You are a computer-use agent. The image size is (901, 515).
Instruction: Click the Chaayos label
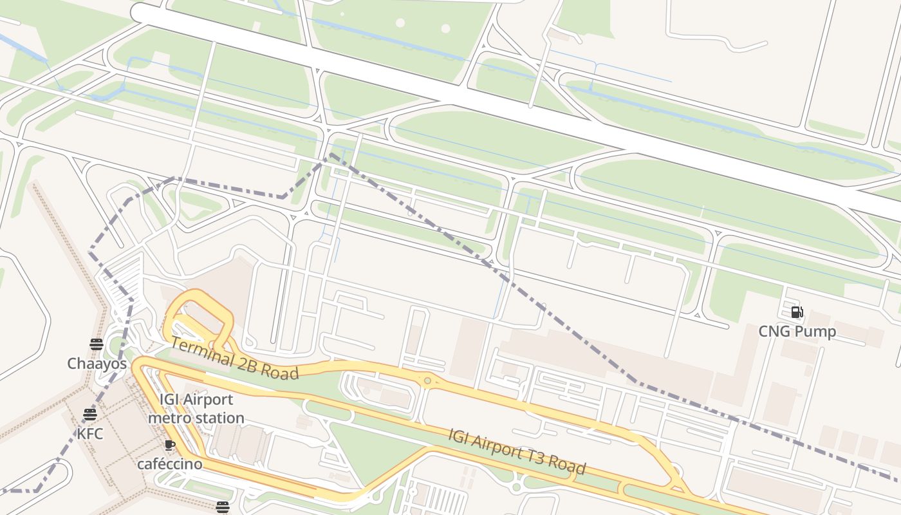pos(97,364)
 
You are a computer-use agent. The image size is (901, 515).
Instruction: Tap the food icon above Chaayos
pos(97,344)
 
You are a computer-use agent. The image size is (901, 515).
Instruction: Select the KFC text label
pos(89,434)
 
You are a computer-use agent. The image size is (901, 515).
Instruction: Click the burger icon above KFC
pos(89,414)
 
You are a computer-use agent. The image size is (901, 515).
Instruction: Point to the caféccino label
pos(170,464)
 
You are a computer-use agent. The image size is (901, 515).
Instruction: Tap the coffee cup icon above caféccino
pos(170,445)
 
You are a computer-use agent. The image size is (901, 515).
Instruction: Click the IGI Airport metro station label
pos(196,409)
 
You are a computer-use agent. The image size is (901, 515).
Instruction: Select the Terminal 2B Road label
pos(235,359)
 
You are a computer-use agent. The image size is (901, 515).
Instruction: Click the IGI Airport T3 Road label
pos(517,451)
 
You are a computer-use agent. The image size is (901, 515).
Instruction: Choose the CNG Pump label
pos(797,332)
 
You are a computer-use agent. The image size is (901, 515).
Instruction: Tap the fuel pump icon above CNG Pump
pos(797,313)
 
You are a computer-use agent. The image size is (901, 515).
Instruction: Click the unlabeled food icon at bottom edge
pos(223,507)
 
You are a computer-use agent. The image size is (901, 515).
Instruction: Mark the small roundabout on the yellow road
pos(427,381)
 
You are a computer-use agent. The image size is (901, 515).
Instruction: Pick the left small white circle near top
pos(400,23)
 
